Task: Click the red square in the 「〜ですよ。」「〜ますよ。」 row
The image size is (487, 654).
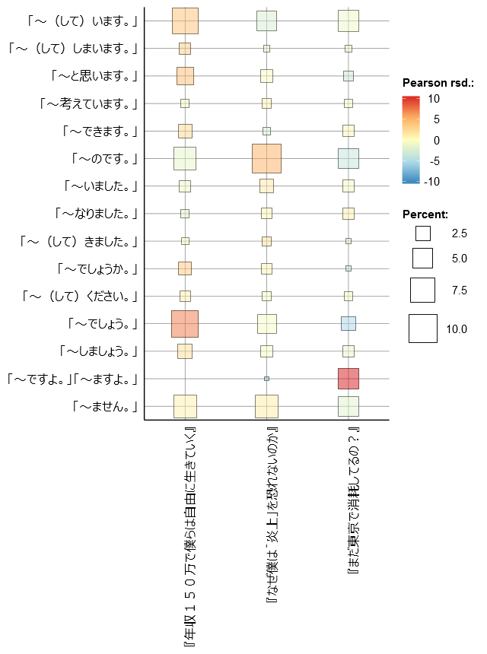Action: pyautogui.click(x=348, y=379)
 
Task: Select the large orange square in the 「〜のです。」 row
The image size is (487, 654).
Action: pyautogui.click(x=266, y=158)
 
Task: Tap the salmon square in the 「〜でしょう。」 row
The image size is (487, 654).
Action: pyautogui.click(x=185, y=324)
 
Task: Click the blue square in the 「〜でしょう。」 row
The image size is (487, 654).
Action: pyautogui.click(x=348, y=324)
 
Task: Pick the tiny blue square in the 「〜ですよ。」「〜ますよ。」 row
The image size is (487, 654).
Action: pyautogui.click(x=266, y=379)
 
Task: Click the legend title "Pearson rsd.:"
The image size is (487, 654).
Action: pyautogui.click(x=438, y=82)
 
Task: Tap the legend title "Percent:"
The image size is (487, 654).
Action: pyautogui.click(x=425, y=214)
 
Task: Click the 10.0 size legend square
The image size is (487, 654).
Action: pyautogui.click(x=422, y=329)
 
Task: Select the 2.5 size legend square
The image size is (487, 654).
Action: pyautogui.click(x=422, y=233)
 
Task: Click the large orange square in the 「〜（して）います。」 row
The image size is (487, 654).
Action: pyautogui.click(x=185, y=21)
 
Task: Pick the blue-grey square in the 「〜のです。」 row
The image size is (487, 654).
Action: pyautogui.click(x=348, y=158)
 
